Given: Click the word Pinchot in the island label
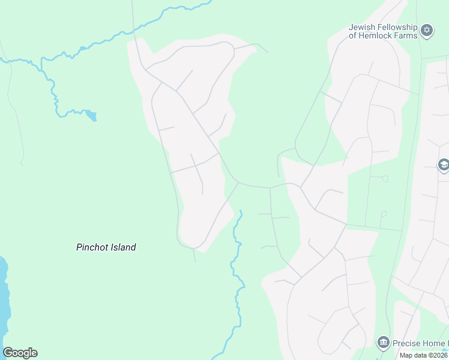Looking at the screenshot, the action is pos(91,247).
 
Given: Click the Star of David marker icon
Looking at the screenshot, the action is pos(427,31).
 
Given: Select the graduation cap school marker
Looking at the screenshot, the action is pos(444,166).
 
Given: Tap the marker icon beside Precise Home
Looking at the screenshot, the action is pos(383,343).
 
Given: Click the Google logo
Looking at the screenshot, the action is pos(20,353).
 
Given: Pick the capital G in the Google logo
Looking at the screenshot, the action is pos(8,353).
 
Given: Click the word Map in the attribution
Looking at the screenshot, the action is pos(406,355).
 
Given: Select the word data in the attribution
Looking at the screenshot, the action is pos(420,355).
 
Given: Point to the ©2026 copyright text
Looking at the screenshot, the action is pos(438,355).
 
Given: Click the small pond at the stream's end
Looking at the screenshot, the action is pos(91,115).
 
